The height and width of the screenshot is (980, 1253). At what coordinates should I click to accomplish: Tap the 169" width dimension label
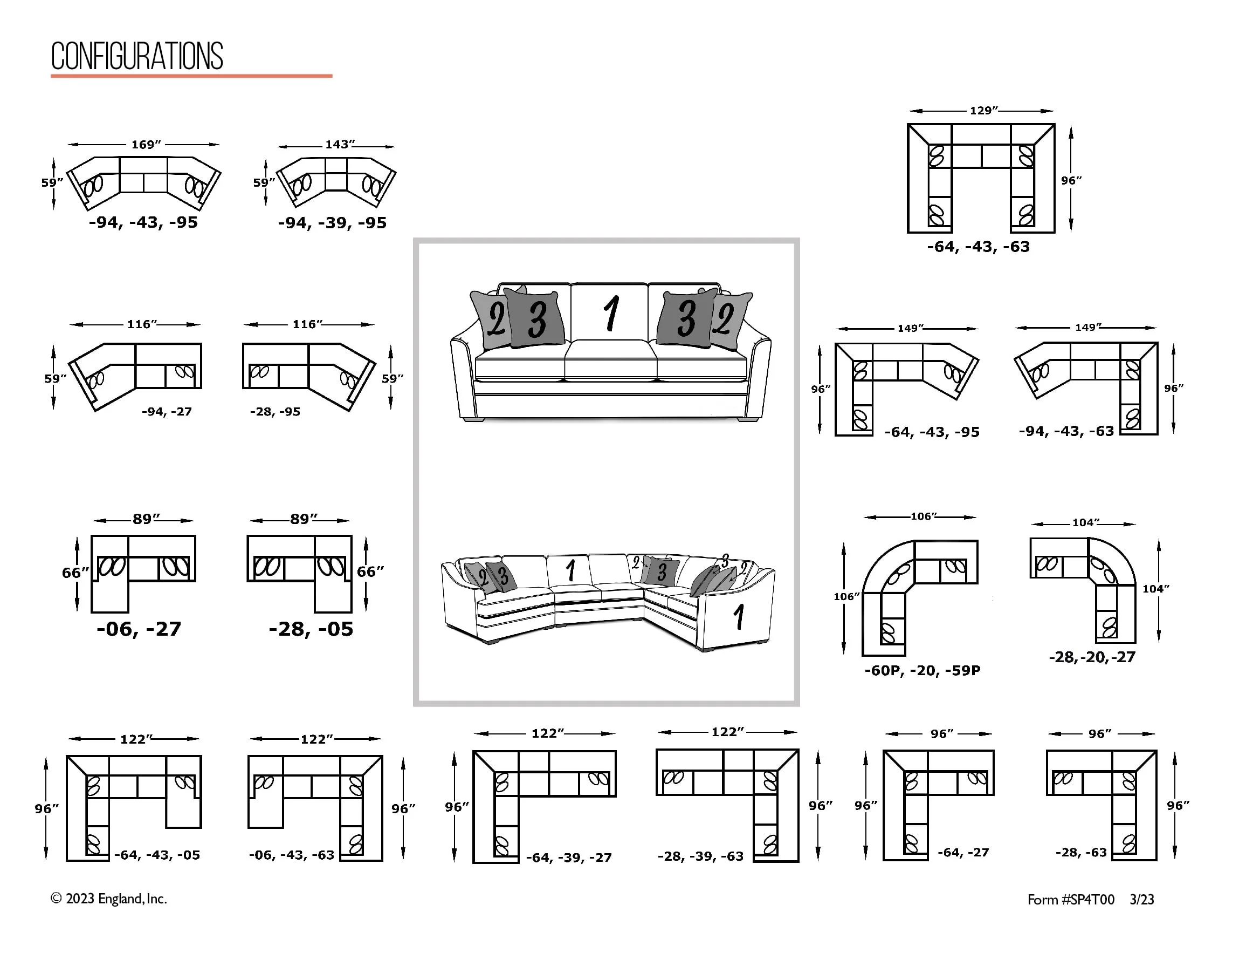tap(146, 145)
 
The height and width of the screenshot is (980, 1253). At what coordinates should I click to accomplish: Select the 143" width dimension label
tap(340, 144)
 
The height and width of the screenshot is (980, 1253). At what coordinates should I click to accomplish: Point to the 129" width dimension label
tap(983, 110)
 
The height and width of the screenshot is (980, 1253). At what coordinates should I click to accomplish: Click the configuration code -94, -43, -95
tap(143, 222)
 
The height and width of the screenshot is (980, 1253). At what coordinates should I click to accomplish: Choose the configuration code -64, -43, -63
tap(978, 247)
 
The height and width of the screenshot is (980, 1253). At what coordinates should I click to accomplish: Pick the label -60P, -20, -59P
tap(922, 670)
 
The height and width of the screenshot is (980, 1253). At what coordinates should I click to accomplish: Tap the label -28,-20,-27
tap(1092, 657)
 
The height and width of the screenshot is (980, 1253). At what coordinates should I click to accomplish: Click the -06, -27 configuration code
tap(139, 629)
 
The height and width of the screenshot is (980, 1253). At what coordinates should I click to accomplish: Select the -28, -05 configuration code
tap(311, 629)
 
